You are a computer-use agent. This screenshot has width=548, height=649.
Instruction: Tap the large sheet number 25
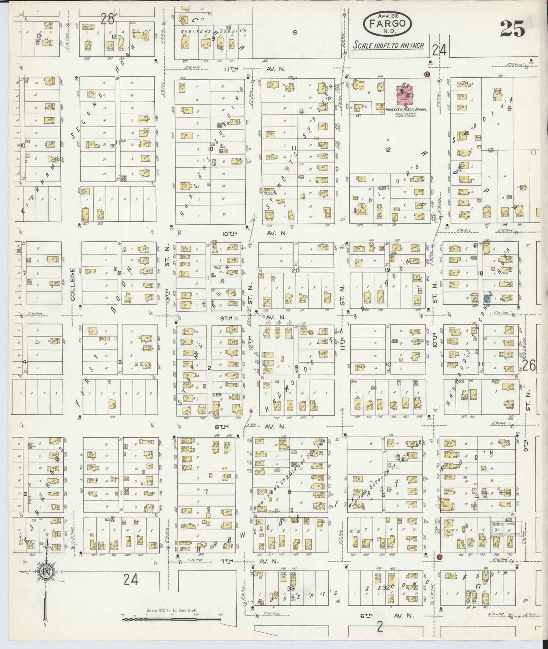pos(512,29)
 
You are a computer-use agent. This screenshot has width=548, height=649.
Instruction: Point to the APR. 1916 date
pos(387,16)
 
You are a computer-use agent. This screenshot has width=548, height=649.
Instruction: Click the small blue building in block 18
pos(487,299)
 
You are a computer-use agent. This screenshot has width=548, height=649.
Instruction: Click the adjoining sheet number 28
pos(108,19)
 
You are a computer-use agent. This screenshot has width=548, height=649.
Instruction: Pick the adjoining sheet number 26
pos(529,365)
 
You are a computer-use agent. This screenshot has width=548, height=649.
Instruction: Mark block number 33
pos(291,588)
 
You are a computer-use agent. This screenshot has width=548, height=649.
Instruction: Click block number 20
pos(295,270)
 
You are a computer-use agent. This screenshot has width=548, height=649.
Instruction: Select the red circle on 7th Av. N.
pos(440,556)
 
